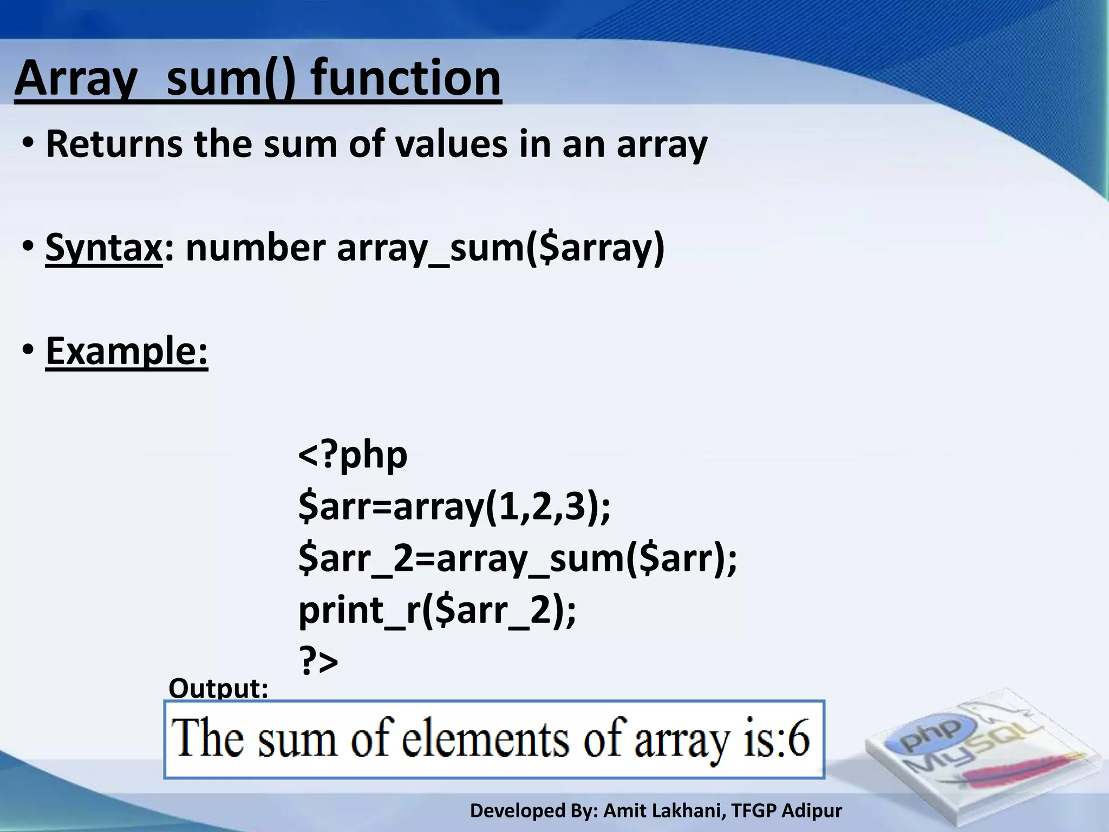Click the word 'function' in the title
pos(406,79)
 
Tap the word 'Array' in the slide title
pos(76,79)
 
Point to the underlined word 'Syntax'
pos(103,248)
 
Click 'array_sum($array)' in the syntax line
pos(500,248)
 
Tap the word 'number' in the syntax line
pos(255,248)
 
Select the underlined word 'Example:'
pos(127,351)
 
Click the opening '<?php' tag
pos(353,455)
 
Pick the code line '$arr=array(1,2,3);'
pos(454,506)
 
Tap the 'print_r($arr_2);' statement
pos(437,610)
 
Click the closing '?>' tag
pos(318,661)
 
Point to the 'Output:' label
pos(218,688)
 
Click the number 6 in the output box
pos(798,738)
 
